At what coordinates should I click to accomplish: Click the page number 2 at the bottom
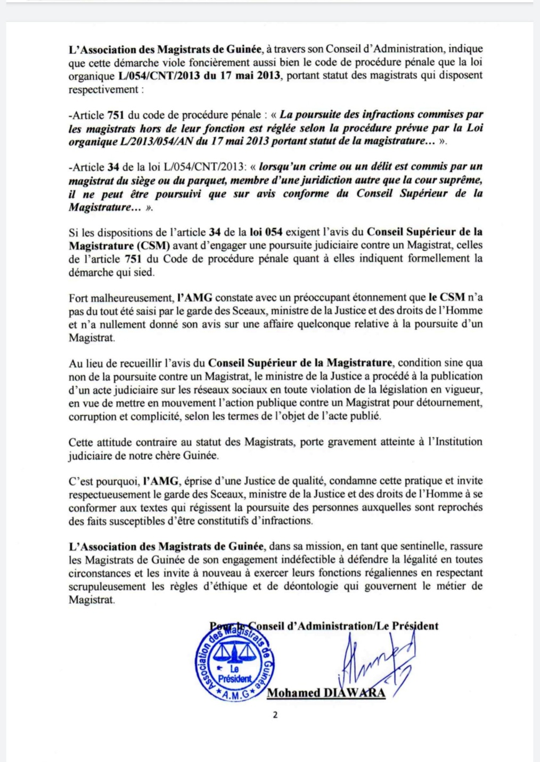click(x=275, y=715)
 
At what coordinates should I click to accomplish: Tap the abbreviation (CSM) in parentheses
click(x=152, y=245)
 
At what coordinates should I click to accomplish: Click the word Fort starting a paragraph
click(x=78, y=298)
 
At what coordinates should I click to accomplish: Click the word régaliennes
click(x=396, y=573)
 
